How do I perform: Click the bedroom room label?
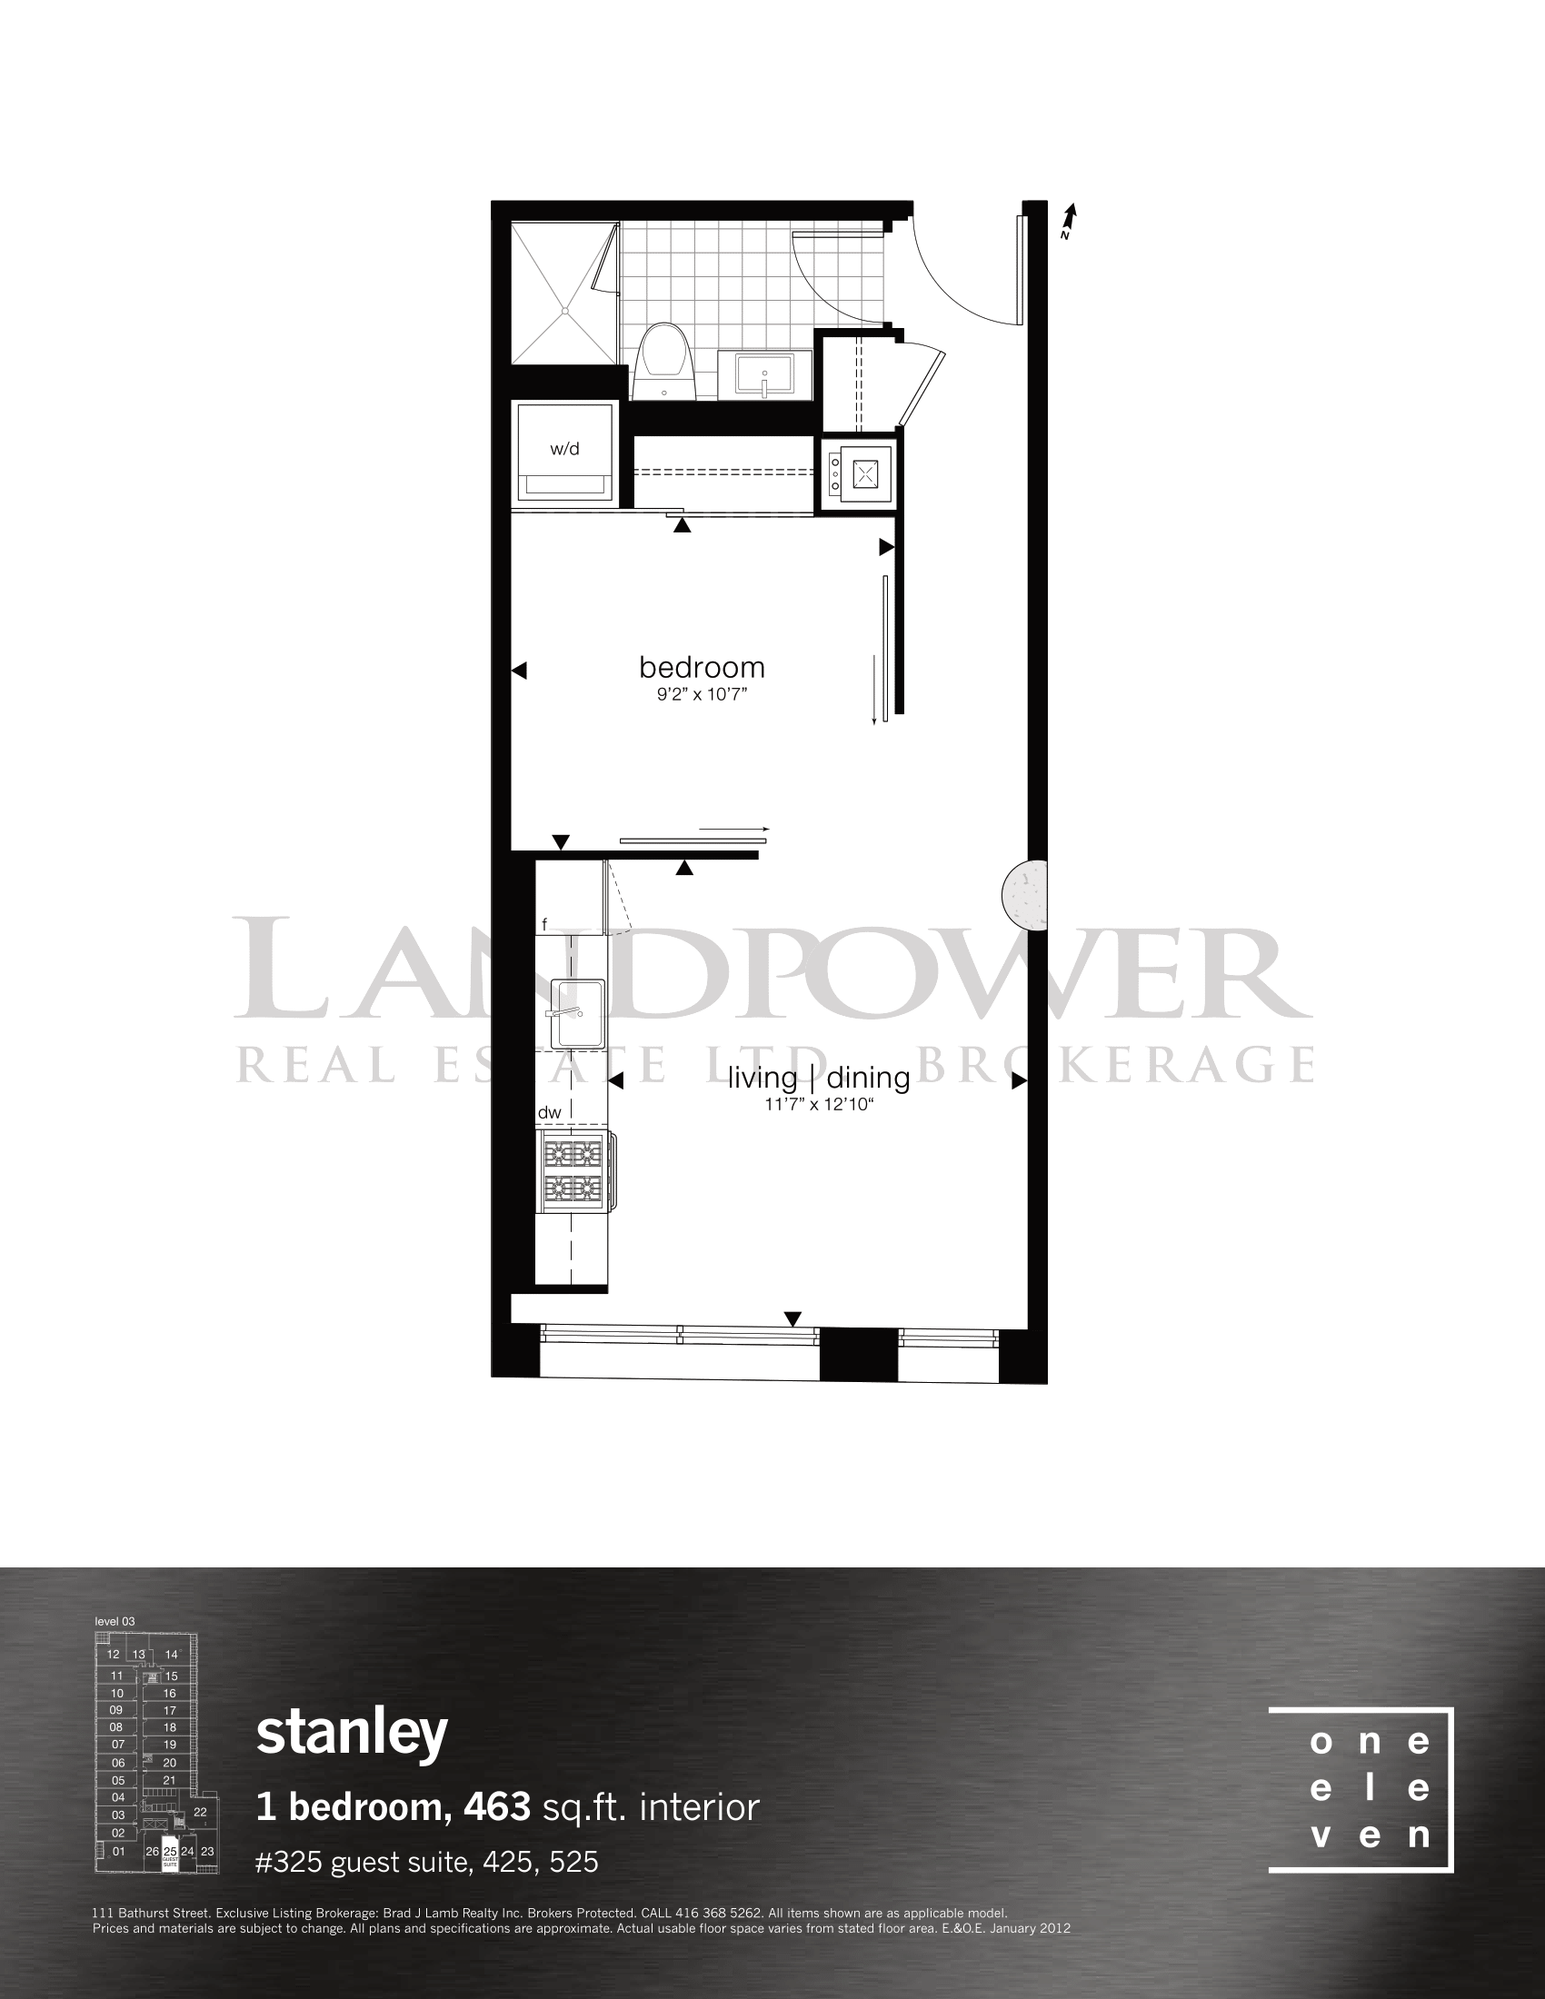coord(702,667)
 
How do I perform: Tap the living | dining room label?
coord(819,1079)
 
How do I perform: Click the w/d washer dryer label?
coord(564,450)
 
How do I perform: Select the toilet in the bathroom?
coord(664,361)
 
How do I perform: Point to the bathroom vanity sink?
coord(764,374)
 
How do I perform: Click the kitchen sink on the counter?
coord(577,1013)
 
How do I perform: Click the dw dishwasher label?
coord(549,1112)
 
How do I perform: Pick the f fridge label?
coord(544,924)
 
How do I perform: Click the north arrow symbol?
coord(1068,221)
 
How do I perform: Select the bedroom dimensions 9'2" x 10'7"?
coord(702,695)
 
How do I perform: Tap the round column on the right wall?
coord(1025,895)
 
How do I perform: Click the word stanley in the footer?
coord(353,1733)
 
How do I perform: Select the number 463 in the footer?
coord(497,1806)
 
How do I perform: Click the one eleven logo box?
coord(1361,1790)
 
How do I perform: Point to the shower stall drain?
coord(564,311)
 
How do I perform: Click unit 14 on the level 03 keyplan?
coord(171,1654)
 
